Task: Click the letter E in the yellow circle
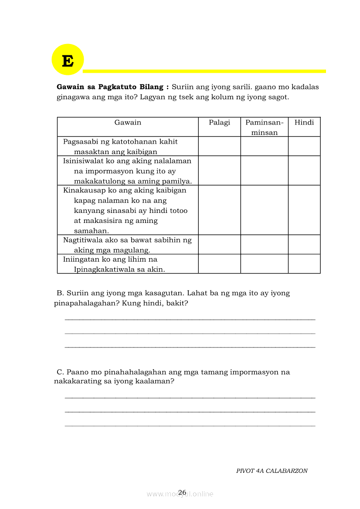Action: [68, 61]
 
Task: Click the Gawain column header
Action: [128, 122]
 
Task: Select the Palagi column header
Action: [219, 122]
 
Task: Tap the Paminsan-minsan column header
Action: [264, 127]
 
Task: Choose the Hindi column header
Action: [304, 122]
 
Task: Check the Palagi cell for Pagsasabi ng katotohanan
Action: [219, 146]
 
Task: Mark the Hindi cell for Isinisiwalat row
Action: [304, 171]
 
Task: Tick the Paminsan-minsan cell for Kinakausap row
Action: [264, 210]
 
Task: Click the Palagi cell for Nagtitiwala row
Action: [219, 245]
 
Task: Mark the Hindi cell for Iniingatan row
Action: [304, 264]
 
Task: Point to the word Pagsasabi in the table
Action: [80, 142]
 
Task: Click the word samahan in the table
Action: [92, 231]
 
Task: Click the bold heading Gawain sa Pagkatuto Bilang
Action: [112, 87]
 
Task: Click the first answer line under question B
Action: [190, 319]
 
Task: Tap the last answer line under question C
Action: [190, 425]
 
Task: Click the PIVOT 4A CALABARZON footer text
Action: [272, 471]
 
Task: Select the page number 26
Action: [182, 492]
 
